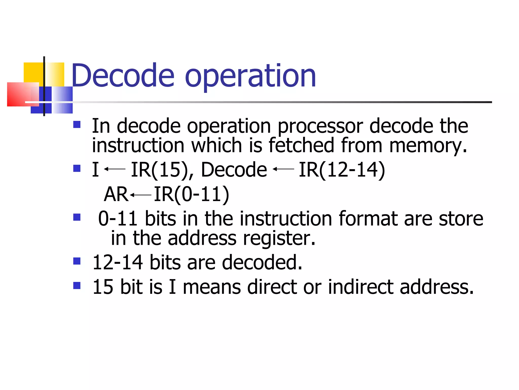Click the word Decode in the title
tap(123, 76)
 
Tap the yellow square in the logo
tap(33, 72)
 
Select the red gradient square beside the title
tap(22, 94)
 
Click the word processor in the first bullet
tap(320, 126)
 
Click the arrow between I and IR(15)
tap(115, 169)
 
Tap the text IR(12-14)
tap(342, 170)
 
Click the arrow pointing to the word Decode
tap(283, 169)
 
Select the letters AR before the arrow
tap(116, 194)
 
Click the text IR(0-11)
tap(192, 194)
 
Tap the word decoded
tap(262, 262)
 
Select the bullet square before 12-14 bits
tap(77, 261)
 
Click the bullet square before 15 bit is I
tap(77, 286)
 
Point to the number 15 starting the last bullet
tap(103, 287)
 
